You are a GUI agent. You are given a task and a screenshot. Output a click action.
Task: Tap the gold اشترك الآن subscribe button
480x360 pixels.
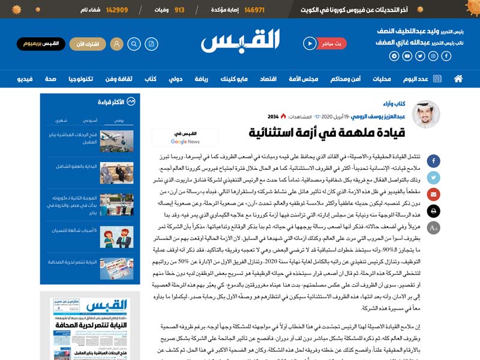pyautogui.click(x=88, y=43)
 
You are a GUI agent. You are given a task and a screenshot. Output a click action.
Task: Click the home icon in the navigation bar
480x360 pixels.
pyautogui.click(x=458, y=79)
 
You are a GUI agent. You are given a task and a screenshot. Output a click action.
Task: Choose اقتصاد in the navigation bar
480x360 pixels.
pyautogui.click(x=268, y=79)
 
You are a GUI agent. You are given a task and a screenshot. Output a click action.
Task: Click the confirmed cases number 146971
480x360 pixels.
pyautogui.click(x=254, y=10)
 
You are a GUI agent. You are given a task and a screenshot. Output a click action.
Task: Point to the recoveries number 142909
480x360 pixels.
pyautogui.click(x=117, y=10)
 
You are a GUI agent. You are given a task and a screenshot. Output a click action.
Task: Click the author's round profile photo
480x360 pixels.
pyautogui.click(x=426, y=114)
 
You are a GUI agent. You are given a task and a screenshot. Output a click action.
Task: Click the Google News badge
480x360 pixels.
pyautogui.click(x=185, y=137)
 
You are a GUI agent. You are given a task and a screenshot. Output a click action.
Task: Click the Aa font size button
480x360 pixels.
pyautogui.click(x=433, y=227)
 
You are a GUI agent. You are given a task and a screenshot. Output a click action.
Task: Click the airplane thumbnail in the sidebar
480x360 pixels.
pyautogui.click(x=116, y=140)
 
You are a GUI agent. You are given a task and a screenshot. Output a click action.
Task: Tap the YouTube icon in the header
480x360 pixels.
pyautogui.click(x=407, y=56)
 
